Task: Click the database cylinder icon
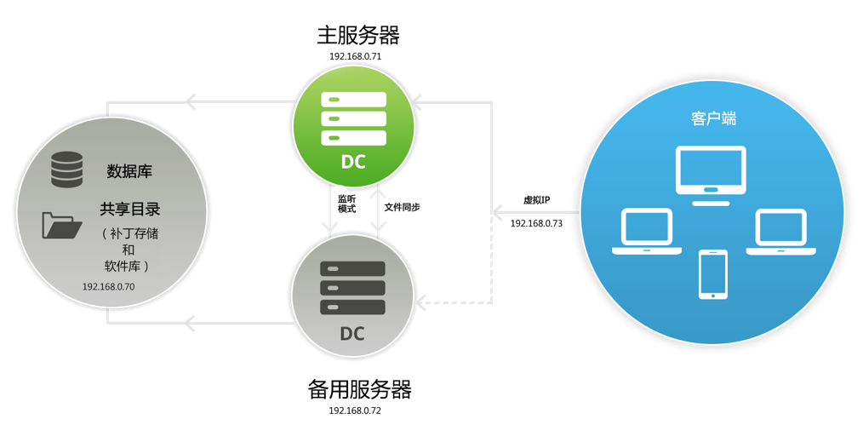[67, 169]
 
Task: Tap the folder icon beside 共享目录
[62, 225]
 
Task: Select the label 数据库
[129, 171]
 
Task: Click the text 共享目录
[130, 210]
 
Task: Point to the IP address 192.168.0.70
[108, 287]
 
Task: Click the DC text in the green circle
[353, 162]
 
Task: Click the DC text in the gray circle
[352, 334]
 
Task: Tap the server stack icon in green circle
[353, 119]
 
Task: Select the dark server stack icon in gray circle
[352, 288]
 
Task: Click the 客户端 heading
[713, 118]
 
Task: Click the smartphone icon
[713, 274]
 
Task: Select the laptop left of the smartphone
[647, 232]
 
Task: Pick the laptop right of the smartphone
[780, 232]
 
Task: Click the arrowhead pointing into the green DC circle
[417, 102]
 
